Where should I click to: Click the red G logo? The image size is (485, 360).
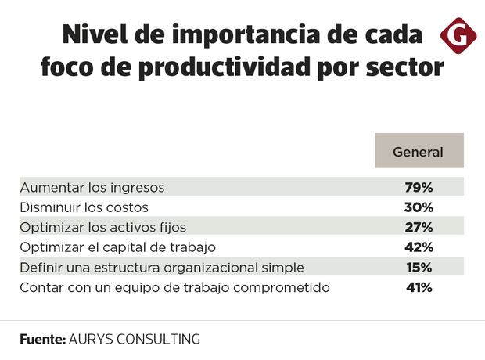[459, 36]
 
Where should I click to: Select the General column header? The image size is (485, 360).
[419, 152]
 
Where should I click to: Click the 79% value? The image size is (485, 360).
[419, 188]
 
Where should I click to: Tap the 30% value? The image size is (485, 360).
[419, 207]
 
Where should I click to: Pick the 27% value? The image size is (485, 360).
[419, 228]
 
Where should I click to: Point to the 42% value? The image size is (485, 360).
[419, 247]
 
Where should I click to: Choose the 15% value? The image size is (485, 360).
[419, 268]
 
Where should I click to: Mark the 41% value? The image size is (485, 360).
[419, 287]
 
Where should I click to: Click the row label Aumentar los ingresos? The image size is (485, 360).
[92, 188]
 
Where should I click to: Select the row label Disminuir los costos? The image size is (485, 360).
[84, 207]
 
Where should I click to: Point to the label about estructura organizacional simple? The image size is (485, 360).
[162, 268]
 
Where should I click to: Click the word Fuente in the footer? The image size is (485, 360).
[42, 340]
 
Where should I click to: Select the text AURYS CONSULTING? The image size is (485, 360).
[135, 340]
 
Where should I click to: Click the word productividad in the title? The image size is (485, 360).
[227, 69]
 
